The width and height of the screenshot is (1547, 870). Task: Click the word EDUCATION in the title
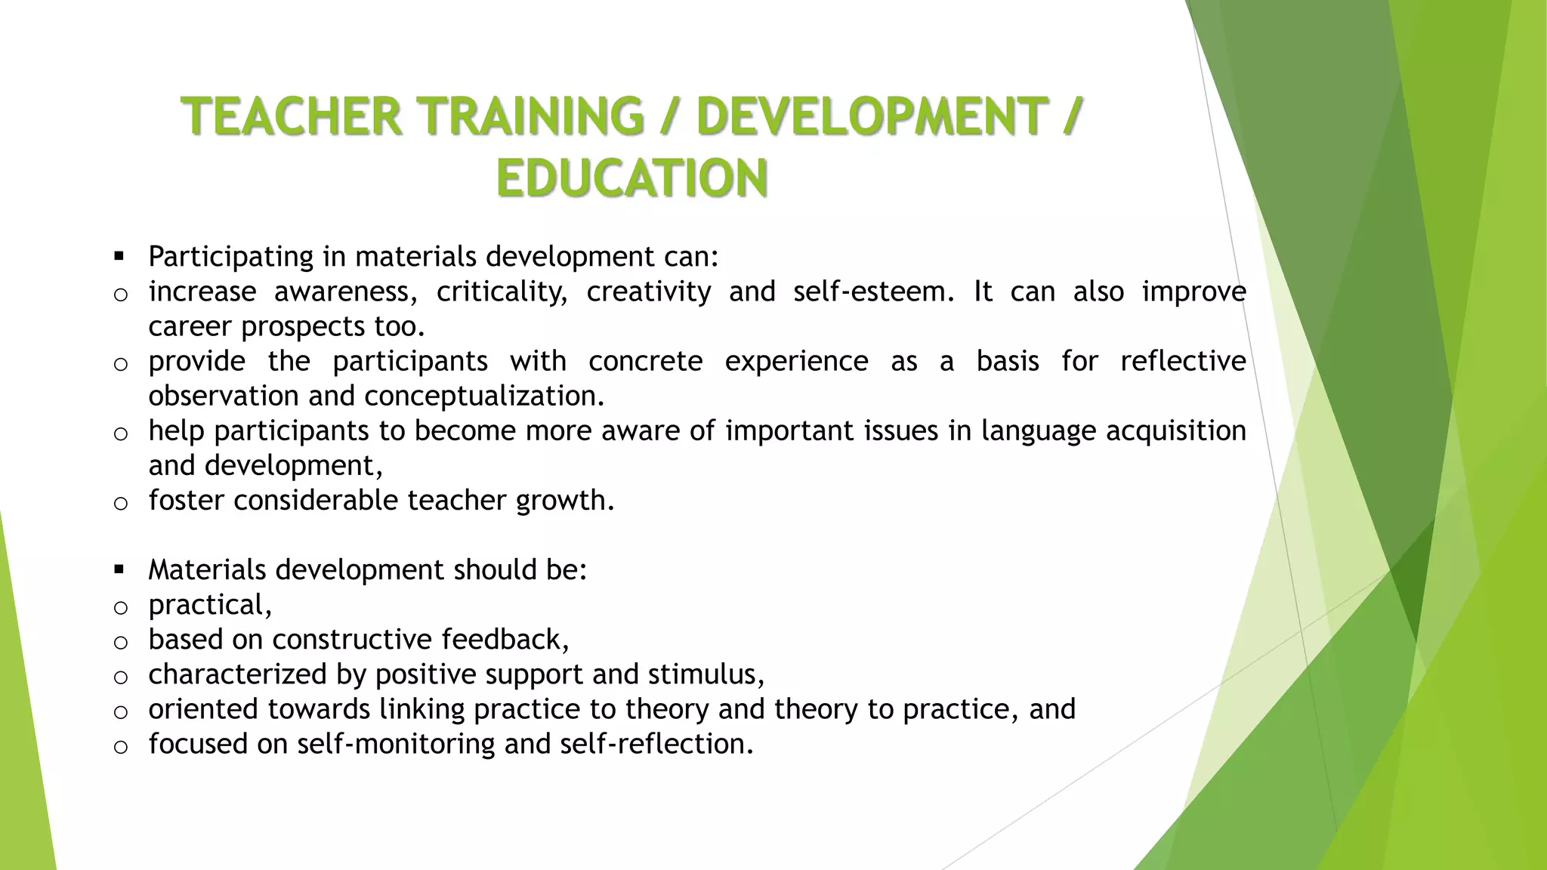pyautogui.click(x=631, y=178)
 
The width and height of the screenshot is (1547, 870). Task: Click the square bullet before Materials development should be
pyautogui.click(x=119, y=569)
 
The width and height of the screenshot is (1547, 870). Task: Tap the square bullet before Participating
pyautogui.click(x=119, y=257)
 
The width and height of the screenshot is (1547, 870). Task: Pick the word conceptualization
pyautogui.click(x=484, y=396)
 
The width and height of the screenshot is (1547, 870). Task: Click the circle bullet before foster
pyautogui.click(x=120, y=503)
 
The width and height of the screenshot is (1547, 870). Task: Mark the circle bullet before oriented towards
pyautogui.click(x=120, y=711)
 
